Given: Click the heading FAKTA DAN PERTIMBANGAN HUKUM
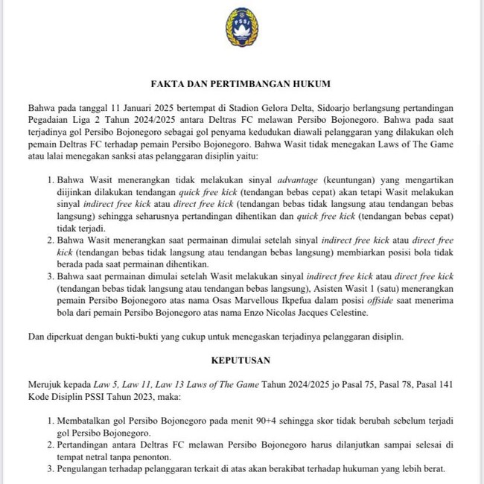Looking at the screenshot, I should point(241,86).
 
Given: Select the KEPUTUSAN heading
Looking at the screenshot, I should point(241,360).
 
